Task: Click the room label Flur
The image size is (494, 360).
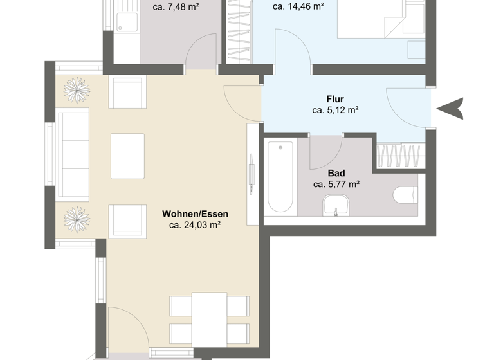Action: click(x=334, y=99)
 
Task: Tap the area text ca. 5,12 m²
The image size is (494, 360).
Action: click(x=334, y=110)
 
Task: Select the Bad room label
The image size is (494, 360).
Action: click(x=336, y=173)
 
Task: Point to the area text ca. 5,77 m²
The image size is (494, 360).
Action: click(x=336, y=184)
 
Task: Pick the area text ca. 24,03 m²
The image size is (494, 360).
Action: click(x=195, y=225)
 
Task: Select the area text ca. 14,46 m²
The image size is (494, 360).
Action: click(x=298, y=8)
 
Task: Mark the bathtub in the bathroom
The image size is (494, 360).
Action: click(x=280, y=177)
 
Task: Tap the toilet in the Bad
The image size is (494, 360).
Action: click(x=405, y=194)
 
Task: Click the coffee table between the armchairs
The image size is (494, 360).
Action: click(x=127, y=156)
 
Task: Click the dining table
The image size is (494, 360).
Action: click(x=210, y=320)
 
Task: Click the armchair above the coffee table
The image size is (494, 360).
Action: click(x=127, y=93)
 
